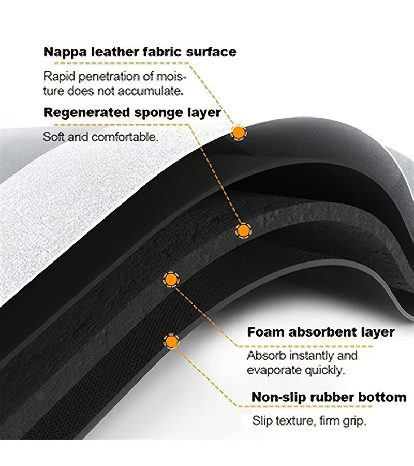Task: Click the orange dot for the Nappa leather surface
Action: (238, 133)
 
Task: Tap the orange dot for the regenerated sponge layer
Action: (243, 230)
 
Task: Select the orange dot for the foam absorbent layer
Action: (171, 280)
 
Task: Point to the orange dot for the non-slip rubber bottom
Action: (171, 341)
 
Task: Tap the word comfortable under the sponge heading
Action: (124, 137)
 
